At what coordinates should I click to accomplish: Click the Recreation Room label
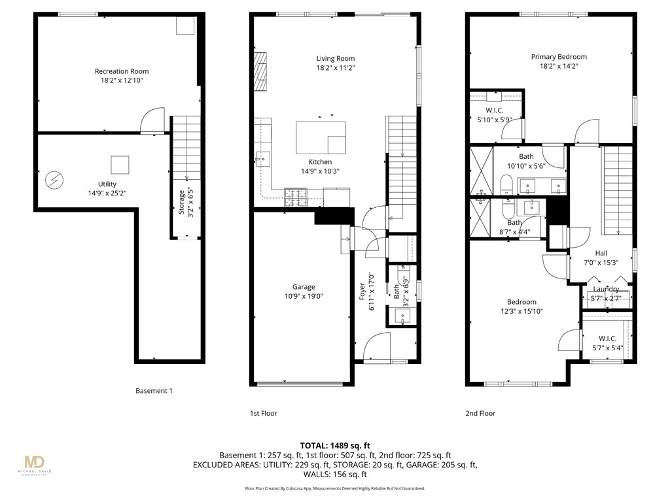pyautogui.click(x=122, y=71)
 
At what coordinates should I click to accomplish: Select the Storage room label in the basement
pyautogui.click(x=183, y=201)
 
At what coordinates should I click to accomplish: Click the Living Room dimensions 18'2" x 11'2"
pyautogui.click(x=336, y=67)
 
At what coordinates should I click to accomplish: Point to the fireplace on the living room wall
pyautogui.click(x=261, y=71)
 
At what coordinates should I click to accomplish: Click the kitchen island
pyautogui.click(x=321, y=137)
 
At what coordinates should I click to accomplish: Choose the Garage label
pyautogui.click(x=304, y=287)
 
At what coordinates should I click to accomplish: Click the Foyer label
pyautogui.click(x=362, y=291)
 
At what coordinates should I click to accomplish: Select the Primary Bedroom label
pyautogui.click(x=559, y=57)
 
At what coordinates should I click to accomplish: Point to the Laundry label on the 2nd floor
pyautogui.click(x=606, y=289)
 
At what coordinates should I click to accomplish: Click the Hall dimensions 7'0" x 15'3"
pyautogui.click(x=601, y=263)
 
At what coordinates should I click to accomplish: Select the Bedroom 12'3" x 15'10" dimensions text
pyautogui.click(x=521, y=311)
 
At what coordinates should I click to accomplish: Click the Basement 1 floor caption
pyautogui.click(x=154, y=391)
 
